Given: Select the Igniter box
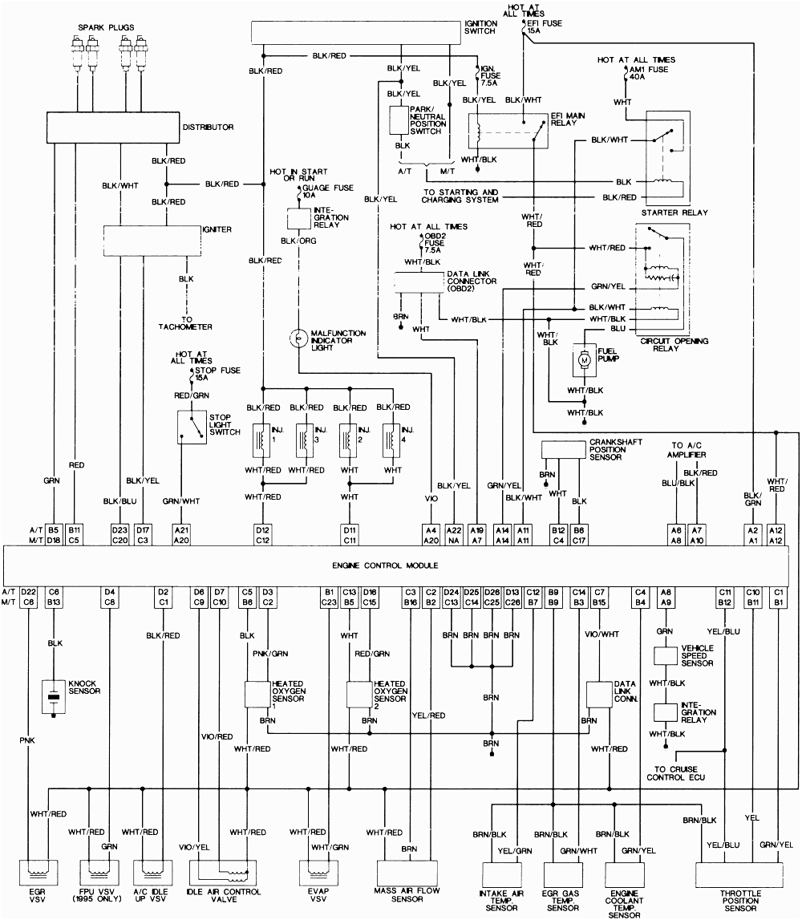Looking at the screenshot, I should (x=152, y=239).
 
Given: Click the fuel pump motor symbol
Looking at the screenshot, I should (x=585, y=361).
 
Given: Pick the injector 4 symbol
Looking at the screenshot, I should (x=392, y=438).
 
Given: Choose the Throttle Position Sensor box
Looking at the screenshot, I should (x=739, y=874).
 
